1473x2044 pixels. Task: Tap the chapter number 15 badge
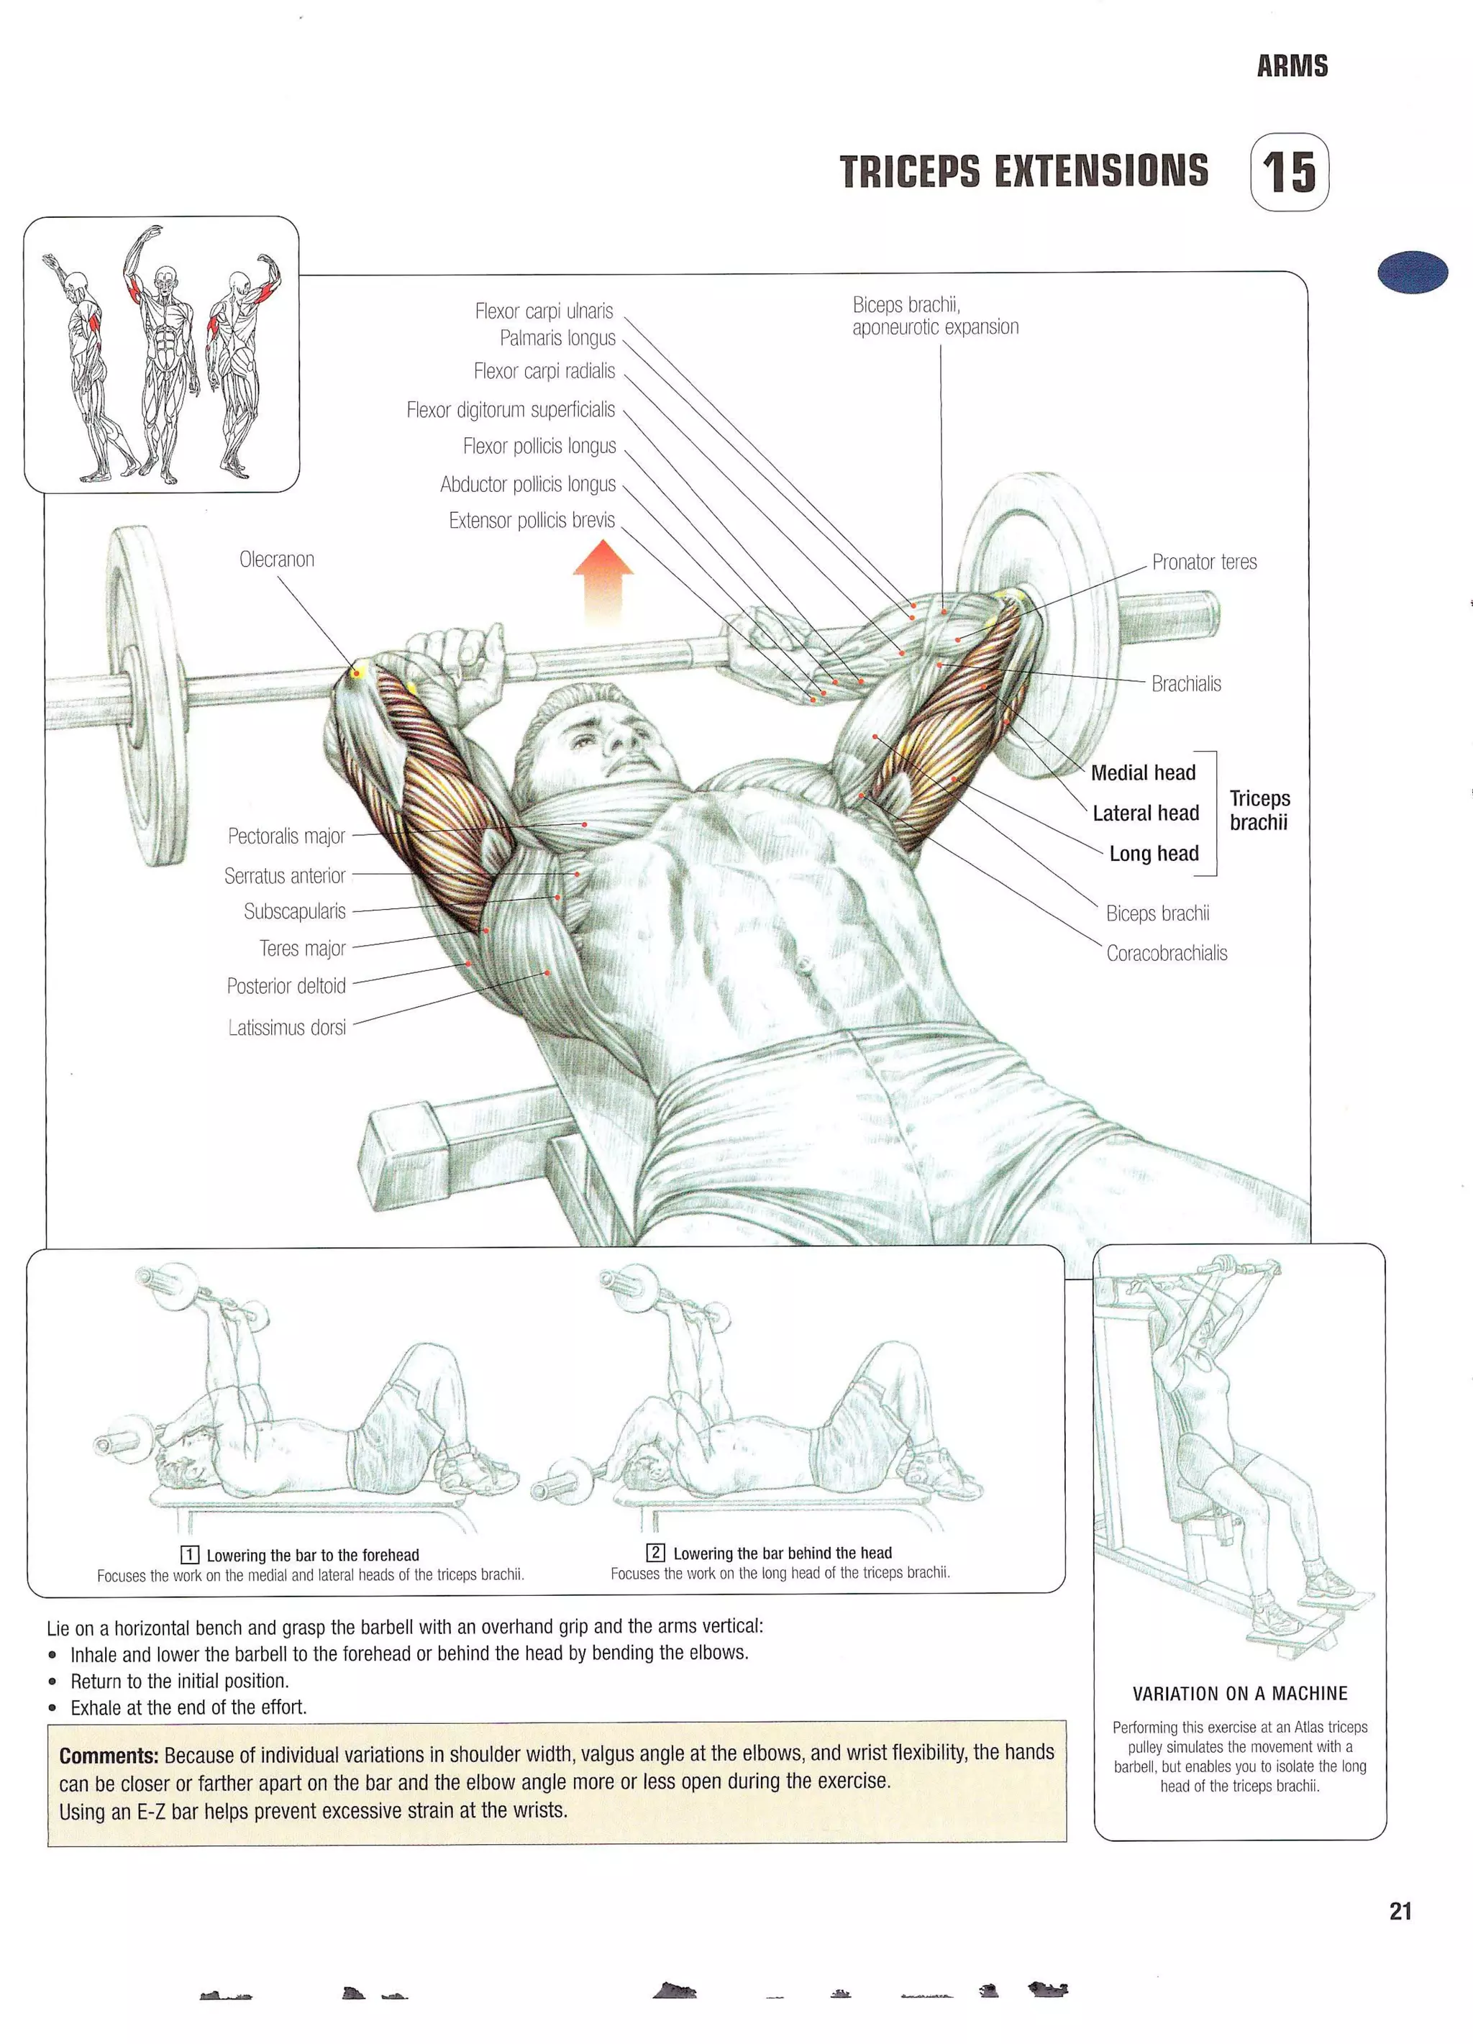[x=1289, y=172]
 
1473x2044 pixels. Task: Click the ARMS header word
[x=1292, y=65]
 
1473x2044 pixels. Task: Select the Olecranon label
[x=277, y=559]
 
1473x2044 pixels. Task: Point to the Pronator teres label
[x=1203, y=562]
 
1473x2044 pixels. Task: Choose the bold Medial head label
[x=1143, y=772]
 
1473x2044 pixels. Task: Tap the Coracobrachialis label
[x=1167, y=953]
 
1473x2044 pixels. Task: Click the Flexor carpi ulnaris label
[x=544, y=311]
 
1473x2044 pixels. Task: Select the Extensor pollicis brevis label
[x=532, y=520]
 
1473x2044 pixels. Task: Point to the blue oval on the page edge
[x=1413, y=271]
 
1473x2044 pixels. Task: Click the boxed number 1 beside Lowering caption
[x=189, y=1555]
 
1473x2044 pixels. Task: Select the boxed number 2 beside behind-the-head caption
[x=655, y=1552]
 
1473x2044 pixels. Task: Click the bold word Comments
[x=108, y=1756]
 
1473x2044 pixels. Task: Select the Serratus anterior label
[x=285, y=875]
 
